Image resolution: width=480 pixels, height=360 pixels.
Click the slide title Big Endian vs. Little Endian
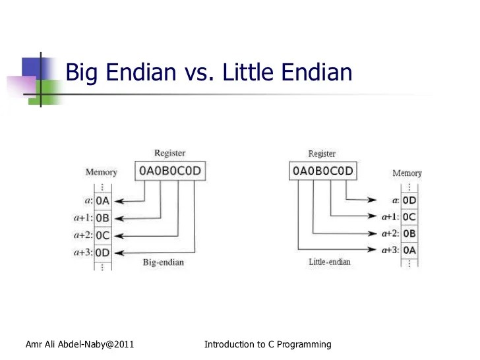210,73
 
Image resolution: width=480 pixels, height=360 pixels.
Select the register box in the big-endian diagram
169,171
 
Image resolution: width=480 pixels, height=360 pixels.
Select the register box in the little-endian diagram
322,171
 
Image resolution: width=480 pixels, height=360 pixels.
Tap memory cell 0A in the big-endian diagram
103,200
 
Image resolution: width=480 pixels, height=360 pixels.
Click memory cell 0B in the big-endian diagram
103,218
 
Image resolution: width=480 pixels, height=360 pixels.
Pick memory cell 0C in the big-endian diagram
103,235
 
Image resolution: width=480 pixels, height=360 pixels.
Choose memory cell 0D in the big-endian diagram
103,252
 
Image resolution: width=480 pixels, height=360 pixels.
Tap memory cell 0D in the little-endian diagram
409,199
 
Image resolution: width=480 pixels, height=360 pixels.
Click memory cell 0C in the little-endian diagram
409,216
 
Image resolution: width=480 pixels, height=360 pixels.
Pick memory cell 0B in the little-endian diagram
409,233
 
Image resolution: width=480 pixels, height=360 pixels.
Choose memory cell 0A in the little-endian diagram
409,251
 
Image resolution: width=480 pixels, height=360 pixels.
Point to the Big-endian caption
164,262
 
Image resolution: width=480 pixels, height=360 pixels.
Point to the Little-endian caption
330,262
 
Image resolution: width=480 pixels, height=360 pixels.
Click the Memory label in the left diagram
101,172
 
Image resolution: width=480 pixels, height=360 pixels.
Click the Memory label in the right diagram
407,173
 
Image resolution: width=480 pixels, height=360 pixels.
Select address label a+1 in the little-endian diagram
389,216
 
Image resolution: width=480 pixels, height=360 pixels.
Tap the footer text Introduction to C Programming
268,344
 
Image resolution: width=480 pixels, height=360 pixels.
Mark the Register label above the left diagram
169,153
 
